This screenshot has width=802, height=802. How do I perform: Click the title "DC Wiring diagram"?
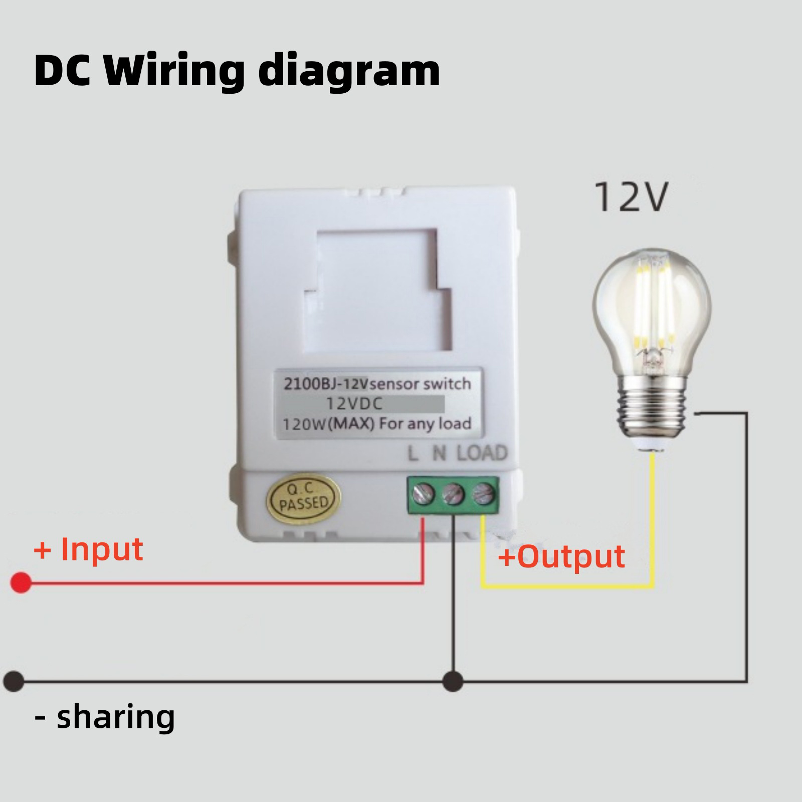(237, 71)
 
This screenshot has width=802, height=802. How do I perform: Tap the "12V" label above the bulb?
(631, 197)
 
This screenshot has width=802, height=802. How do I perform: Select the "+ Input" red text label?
(88, 549)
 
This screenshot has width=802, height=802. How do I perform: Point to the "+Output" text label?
(561, 556)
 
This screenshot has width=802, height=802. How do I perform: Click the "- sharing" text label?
(105, 717)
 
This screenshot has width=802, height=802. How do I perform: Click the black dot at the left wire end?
(14, 682)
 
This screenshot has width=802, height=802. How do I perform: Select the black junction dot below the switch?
(453, 682)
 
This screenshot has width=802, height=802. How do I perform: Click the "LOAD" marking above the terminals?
(482, 453)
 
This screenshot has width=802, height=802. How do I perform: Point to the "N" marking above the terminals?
(439, 454)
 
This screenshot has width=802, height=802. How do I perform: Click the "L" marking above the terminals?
(413, 454)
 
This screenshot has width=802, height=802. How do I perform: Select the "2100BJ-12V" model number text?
(326, 384)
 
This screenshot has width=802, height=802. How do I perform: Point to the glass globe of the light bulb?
(652, 306)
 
